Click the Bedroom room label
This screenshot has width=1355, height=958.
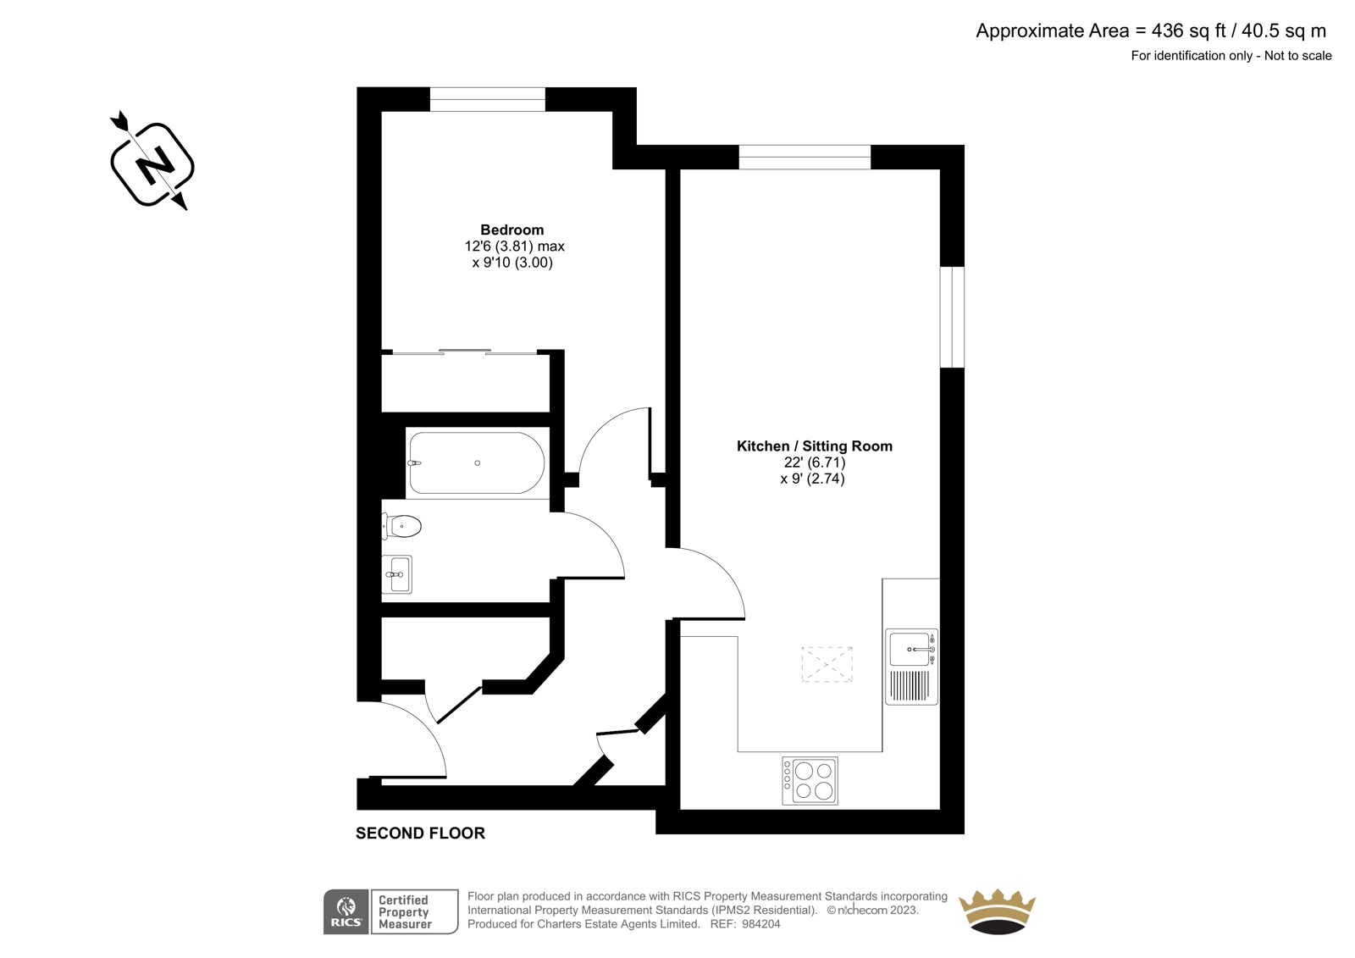(x=512, y=230)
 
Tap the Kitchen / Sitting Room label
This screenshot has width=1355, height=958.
(x=814, y=446)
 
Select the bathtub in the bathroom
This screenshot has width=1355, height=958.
(x=477, y=463)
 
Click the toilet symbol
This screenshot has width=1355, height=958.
(x=401, y=526)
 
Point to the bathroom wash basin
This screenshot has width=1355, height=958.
(x=397, y=573)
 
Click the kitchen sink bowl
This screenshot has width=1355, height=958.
(x=910, y=650)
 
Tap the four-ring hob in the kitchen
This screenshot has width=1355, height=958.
(x=810, y=781)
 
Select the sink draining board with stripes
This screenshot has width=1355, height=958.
(x=910, y=685)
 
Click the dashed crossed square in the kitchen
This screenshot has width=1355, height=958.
(x=827, y=664)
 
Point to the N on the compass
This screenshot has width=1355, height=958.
(x=152, y=164)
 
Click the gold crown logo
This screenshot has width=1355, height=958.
(x=997, y=911)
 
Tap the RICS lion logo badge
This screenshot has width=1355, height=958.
(x=346, y=912)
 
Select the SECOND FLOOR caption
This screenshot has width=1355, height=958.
(x=420, y=833)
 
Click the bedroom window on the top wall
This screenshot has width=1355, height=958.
(x=488, y=99)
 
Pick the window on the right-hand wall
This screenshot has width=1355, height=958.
(x=952, y=317)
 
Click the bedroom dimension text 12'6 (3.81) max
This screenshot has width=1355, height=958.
(x=515, y=246)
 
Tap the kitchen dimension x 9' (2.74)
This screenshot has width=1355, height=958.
(x=812, y=479)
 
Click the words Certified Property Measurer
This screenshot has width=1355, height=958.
(x=405, y=912)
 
